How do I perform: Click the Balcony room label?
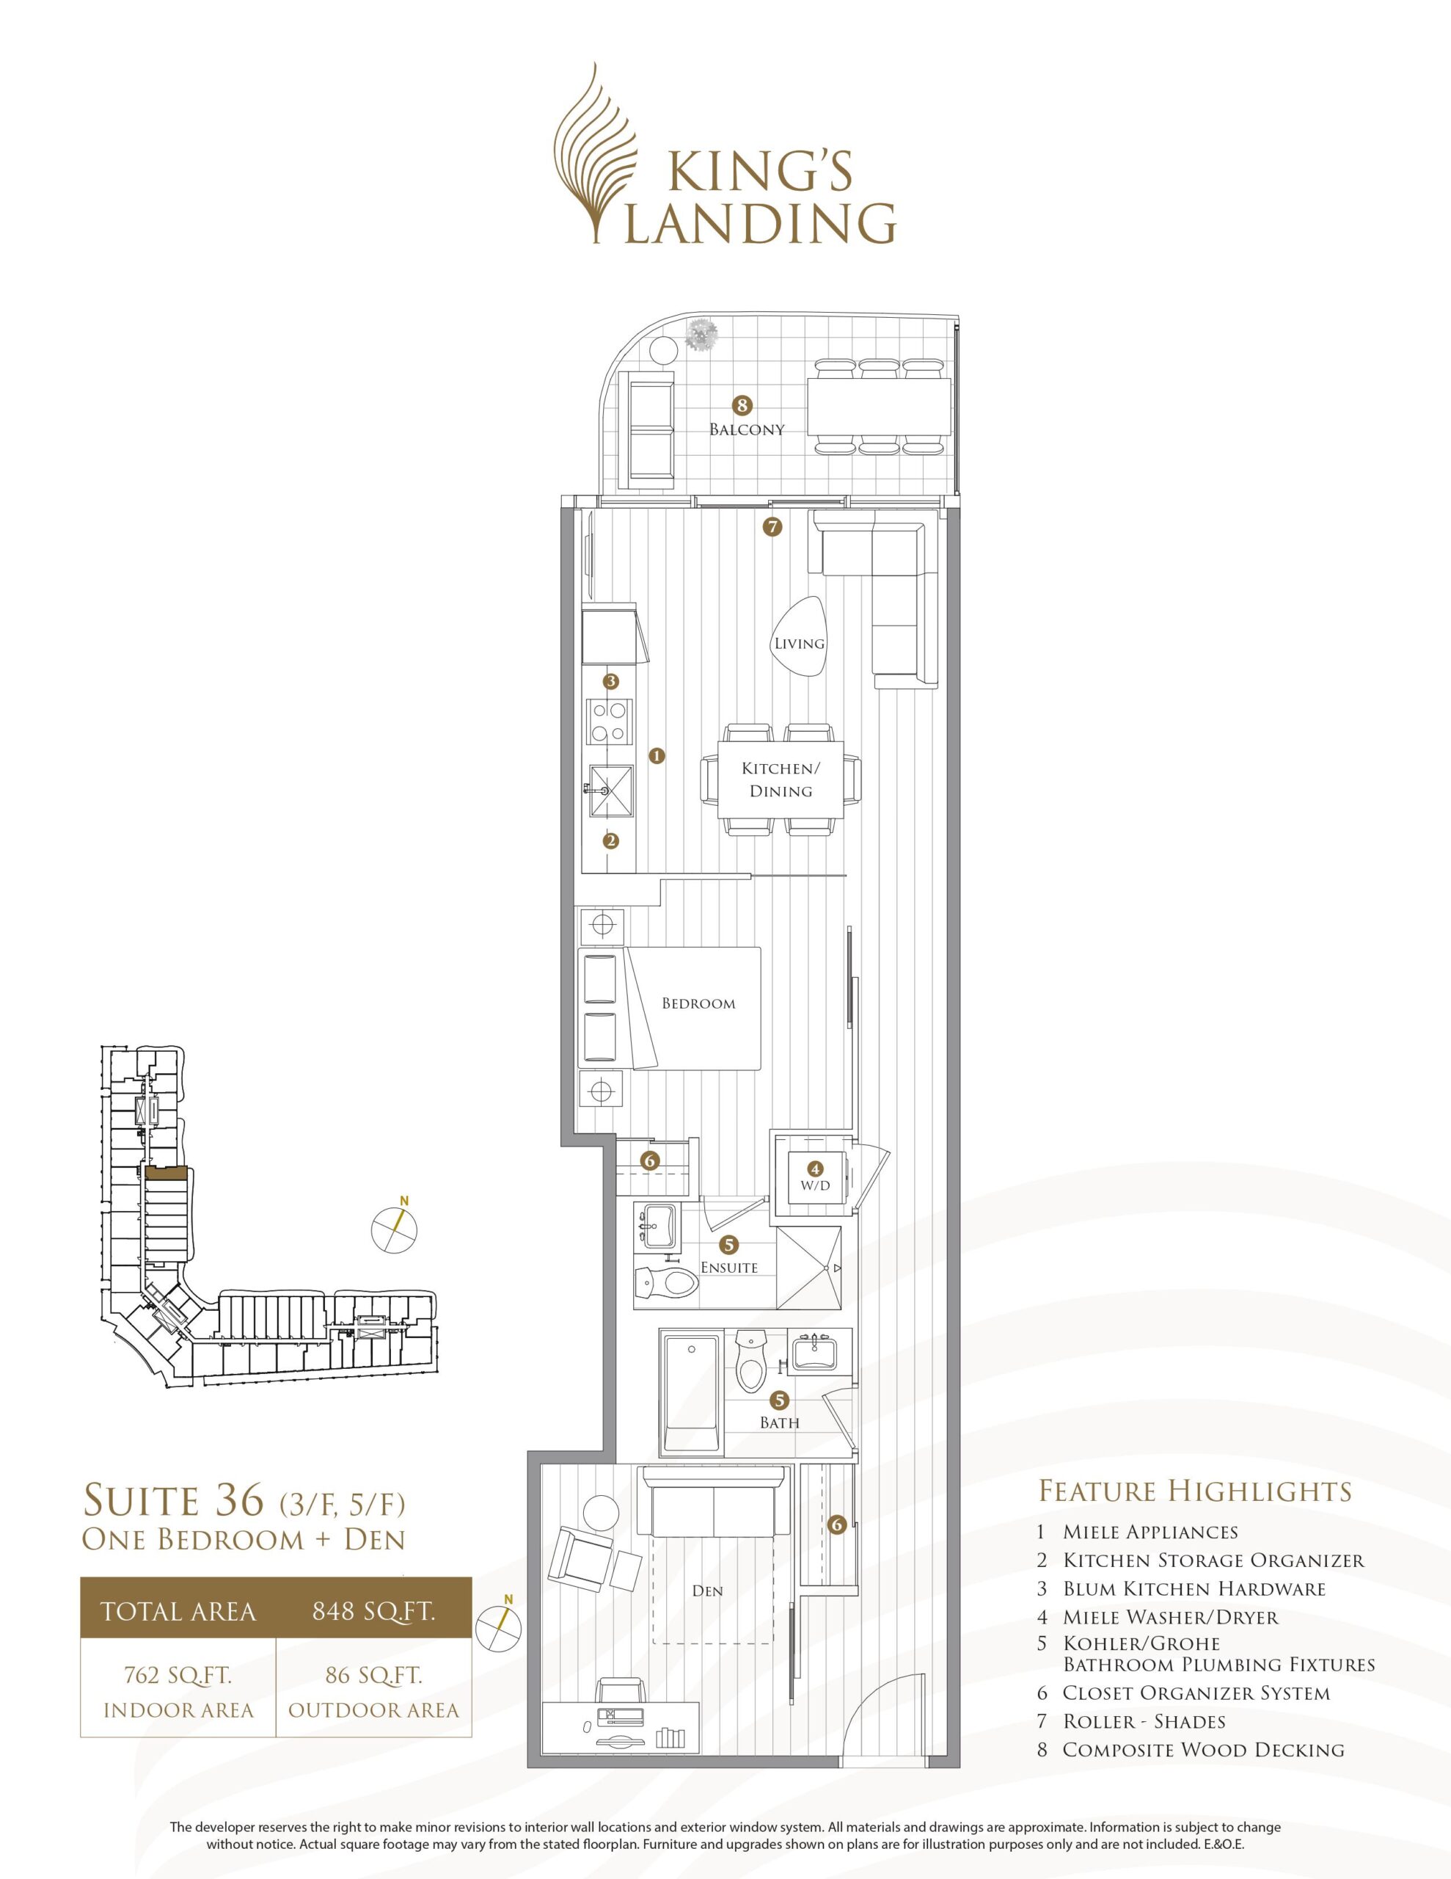pos(747,429)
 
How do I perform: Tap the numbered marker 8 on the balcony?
pos(742,404)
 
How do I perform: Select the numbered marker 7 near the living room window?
pos(772,526)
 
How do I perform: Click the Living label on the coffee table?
pos(799,644)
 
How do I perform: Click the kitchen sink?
pos(610,790)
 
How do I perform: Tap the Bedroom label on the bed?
pos(698,1003)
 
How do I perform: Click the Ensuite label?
pos(729,1268)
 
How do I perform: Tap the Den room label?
pos(707,1591)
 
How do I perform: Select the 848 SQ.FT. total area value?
pos(374,1610)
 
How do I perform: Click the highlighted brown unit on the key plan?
pos(165,1171)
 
